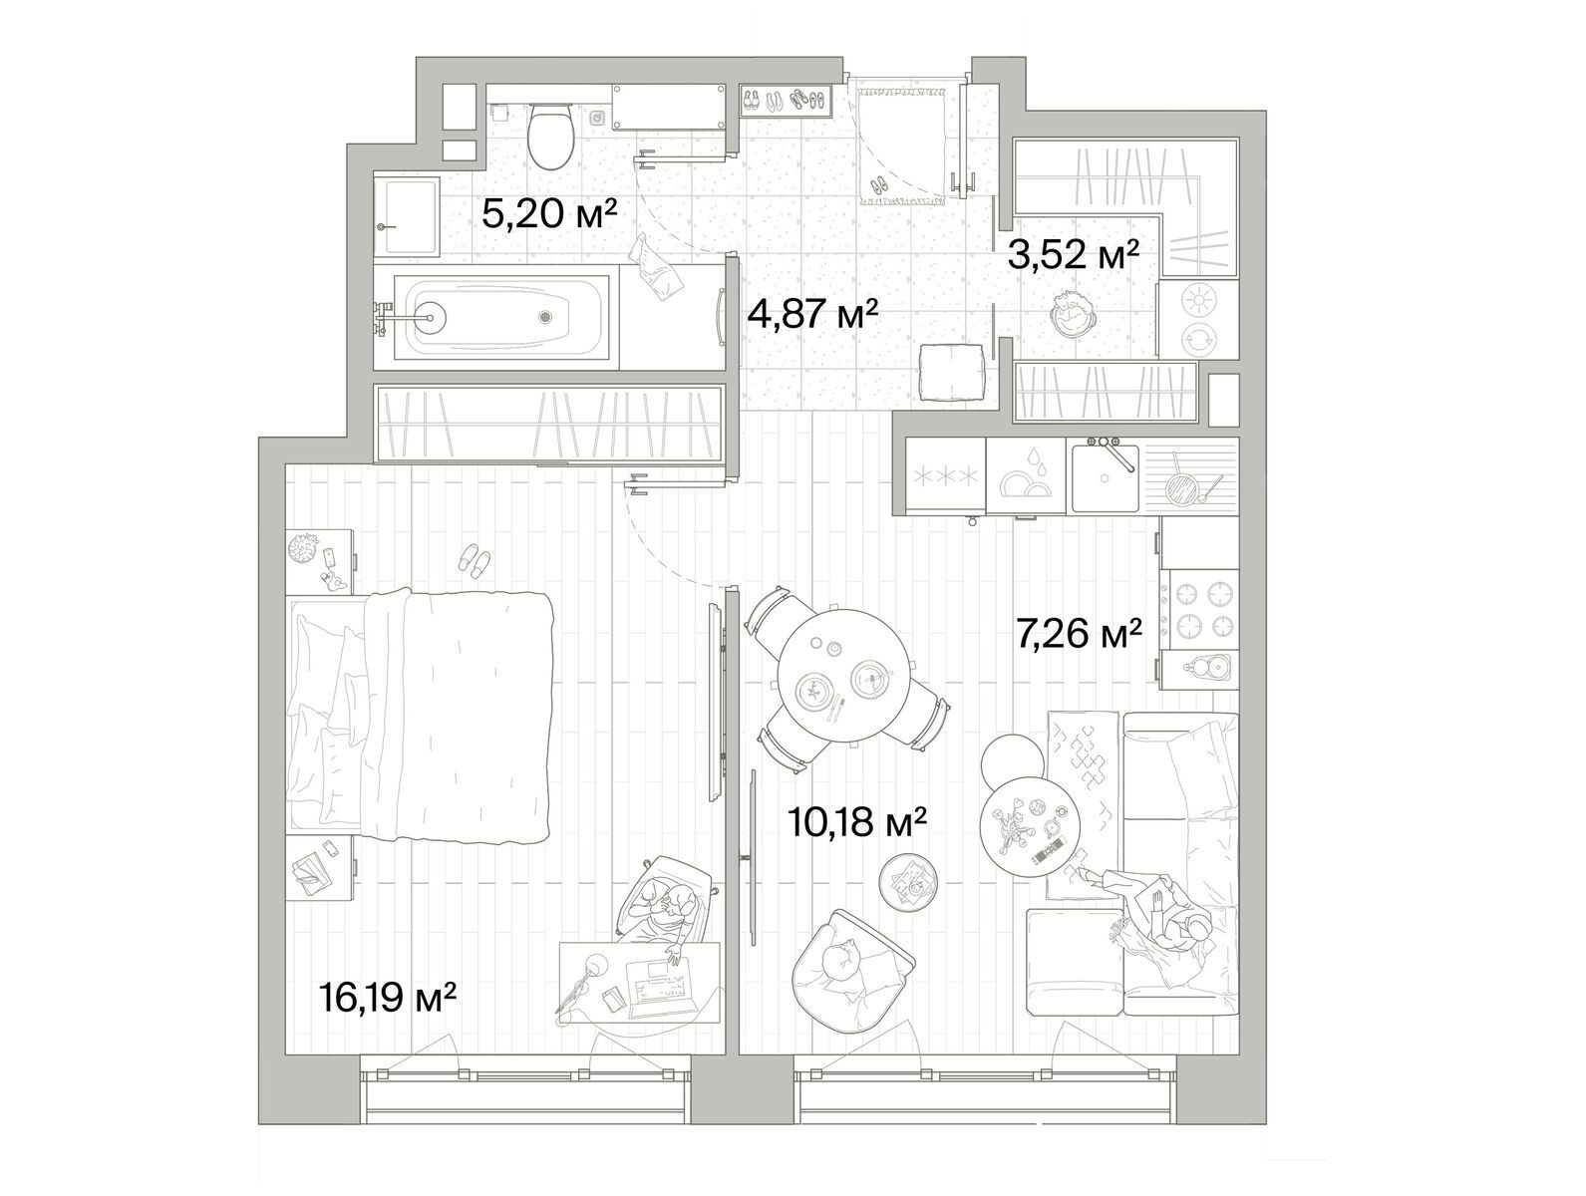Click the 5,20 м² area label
[x=549, y=213]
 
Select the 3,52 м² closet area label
[x=1073, y=255]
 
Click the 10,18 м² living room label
[x=856, y=821]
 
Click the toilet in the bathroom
[x=550, y=136]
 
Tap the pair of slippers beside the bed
[x=476, y=560]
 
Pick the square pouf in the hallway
[x=952, y=372]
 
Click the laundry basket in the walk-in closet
[x=1073, y=313]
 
